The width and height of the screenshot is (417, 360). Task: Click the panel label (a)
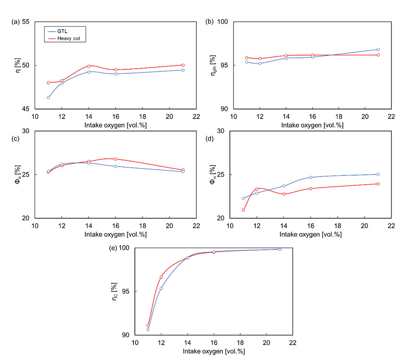coord(15,22)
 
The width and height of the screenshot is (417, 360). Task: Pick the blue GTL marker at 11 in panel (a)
coord(48,97)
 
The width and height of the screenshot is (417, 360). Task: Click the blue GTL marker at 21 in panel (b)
coord(378,50)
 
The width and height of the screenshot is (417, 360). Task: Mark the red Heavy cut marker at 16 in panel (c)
coord(116,159)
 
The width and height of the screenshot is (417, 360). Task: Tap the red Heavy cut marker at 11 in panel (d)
coord(243,210)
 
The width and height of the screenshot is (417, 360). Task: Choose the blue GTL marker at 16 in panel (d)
coord(311,177)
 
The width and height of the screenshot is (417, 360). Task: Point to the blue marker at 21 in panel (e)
coord(279,249)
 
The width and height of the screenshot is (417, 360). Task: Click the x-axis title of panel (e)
coord(214,351)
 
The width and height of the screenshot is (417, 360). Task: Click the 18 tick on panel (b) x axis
coord(338,117)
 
